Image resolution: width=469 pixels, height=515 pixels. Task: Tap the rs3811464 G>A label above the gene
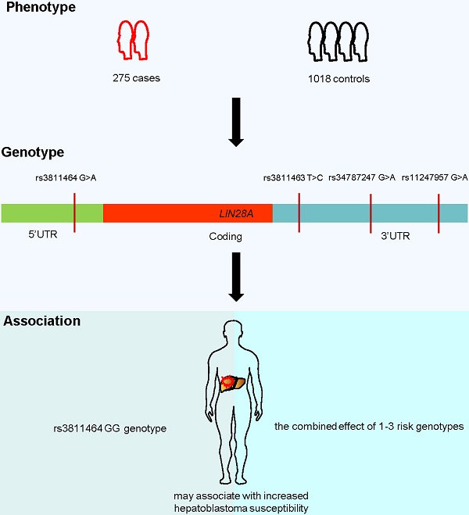pyautogui.click(x=66, y=178)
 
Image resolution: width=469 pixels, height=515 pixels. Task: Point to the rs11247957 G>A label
pyautogui.click(x=435, y=178)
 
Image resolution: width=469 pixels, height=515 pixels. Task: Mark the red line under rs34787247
pyautogui.click(x=371, y=213)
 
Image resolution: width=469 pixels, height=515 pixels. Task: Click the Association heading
pyautogui.click(x=42, y=320)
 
